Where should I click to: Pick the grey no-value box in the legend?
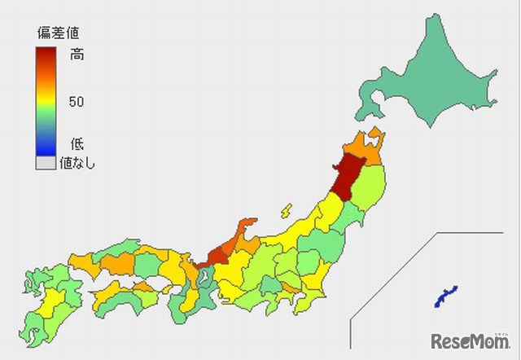(x=46, y=163)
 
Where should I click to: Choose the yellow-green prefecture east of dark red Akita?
(x=375, y=184)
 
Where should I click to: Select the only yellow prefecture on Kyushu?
(x=46, y=302)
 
